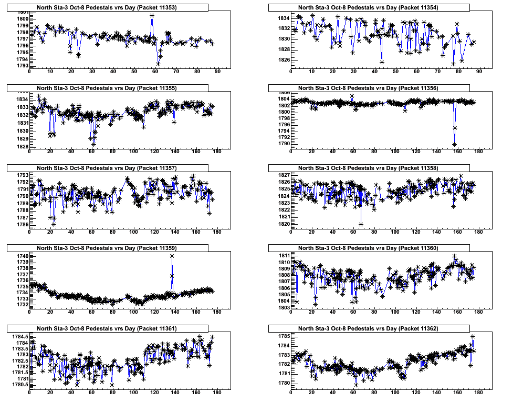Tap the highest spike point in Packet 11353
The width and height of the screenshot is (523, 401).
point(152,15)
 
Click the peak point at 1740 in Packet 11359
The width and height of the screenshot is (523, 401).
point(172,256)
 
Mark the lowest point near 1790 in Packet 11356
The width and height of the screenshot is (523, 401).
point(454,144)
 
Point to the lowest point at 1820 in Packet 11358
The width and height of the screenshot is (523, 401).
point(361,224)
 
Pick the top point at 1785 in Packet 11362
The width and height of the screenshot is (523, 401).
point(473,336)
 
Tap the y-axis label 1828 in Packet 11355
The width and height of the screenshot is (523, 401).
point(22,146)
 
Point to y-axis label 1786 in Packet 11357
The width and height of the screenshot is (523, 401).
point(22,225)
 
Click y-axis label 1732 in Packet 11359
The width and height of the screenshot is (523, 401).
point(22,304)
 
